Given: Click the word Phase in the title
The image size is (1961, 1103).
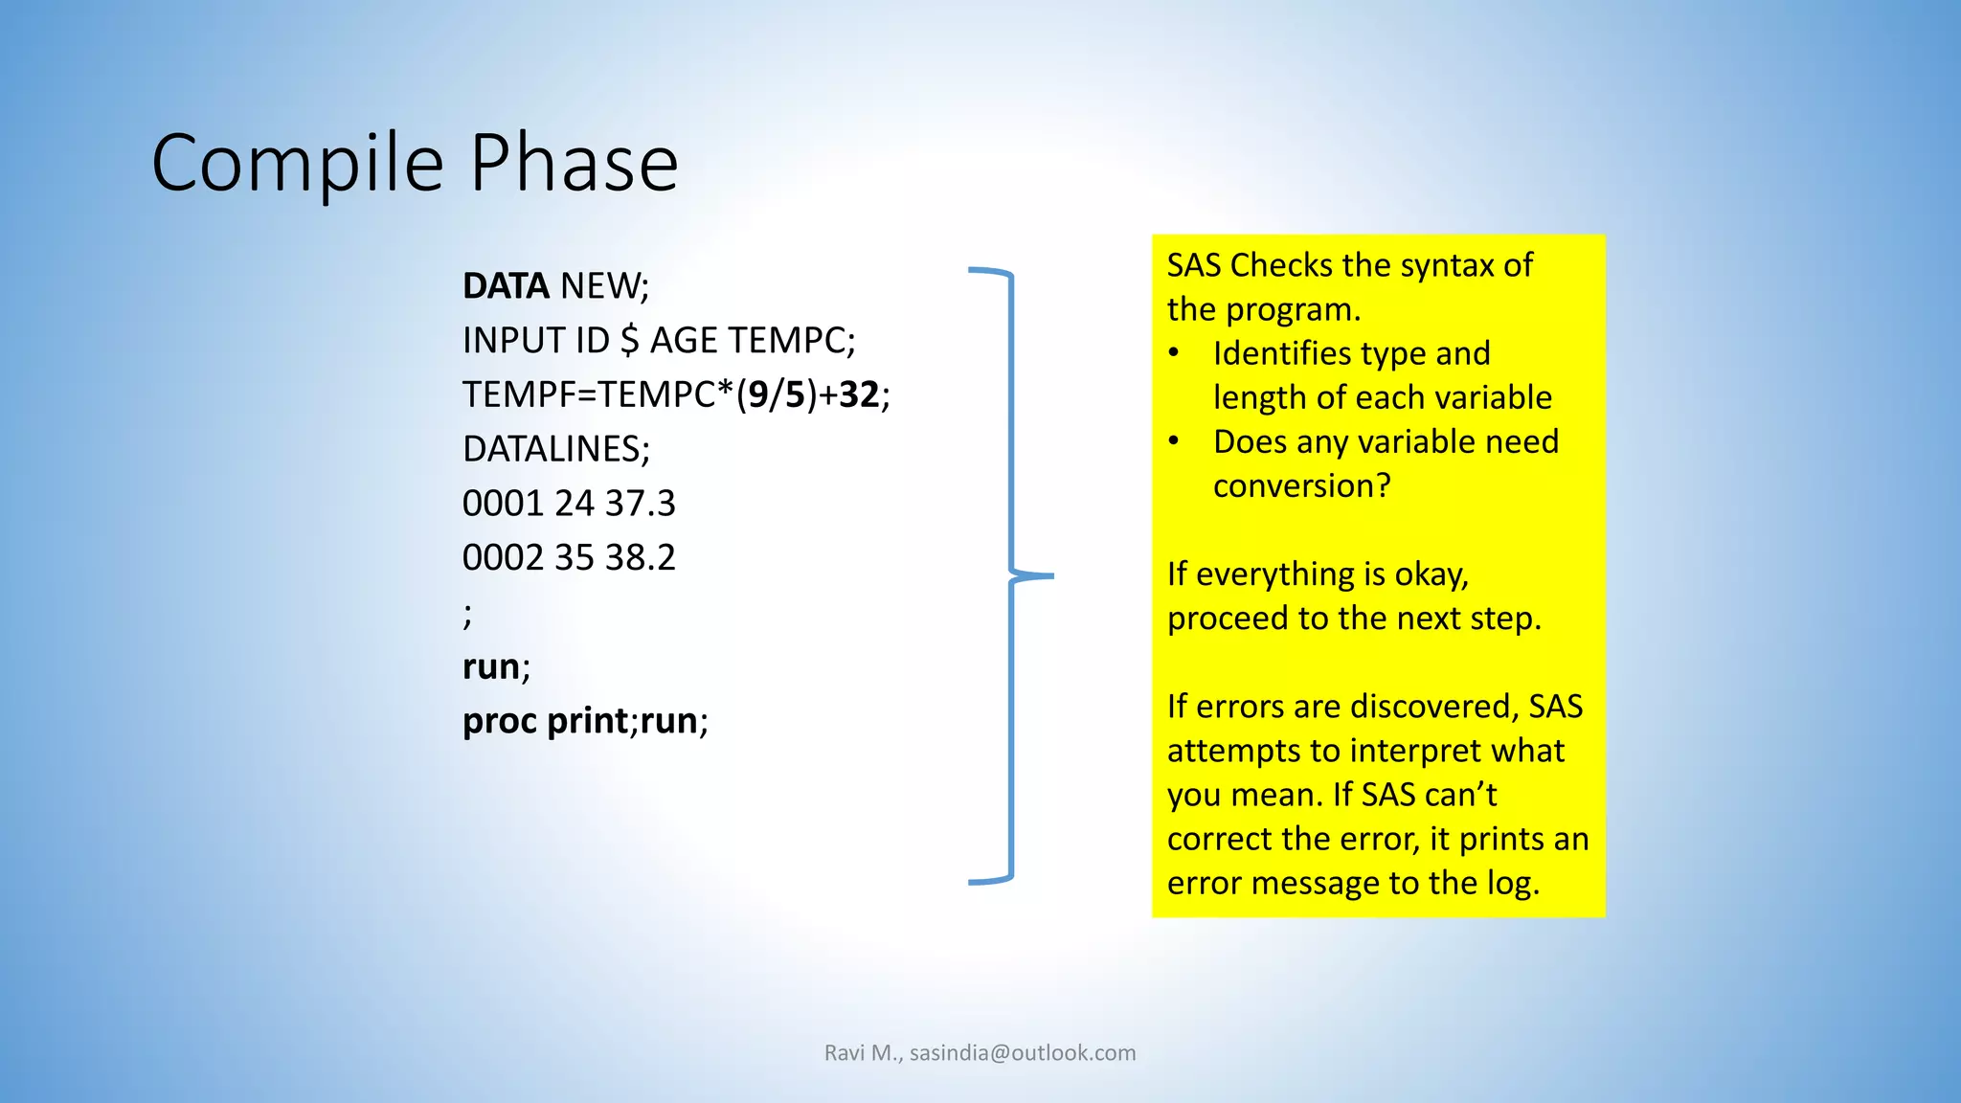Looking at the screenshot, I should (575, 163).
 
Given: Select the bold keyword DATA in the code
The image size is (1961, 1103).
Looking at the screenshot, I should (506, 286).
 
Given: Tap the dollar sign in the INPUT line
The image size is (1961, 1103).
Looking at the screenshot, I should (629, 341).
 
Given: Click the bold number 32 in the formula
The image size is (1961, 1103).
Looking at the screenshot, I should (859, 394).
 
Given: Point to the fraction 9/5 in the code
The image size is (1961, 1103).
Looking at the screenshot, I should (777, 394).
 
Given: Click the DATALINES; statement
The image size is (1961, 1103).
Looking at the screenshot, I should (555, 449).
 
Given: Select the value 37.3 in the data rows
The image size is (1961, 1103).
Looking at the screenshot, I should (640, 504).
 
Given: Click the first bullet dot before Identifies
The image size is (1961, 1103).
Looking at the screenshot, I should (1174, 354).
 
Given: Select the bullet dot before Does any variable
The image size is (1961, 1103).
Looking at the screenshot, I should (1174, 442).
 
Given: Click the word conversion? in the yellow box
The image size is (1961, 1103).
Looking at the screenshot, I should (1301, 486).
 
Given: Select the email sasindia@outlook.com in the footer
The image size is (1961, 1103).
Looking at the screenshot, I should (1022, 1053).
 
